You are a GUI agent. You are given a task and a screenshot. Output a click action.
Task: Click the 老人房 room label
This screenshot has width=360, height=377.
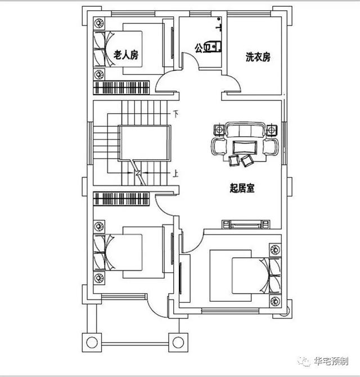point(126,55)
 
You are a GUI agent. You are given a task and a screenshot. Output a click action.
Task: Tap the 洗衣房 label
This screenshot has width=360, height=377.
point(258,57)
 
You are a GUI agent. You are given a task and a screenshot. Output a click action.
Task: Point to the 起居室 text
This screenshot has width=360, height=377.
point(242,188)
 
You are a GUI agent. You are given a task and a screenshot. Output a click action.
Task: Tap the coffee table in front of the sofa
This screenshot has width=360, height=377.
point(243,147)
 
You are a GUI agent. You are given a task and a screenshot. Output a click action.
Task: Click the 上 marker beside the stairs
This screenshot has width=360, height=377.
point(176,174)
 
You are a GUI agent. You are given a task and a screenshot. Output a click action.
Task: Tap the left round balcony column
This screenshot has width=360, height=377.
point(91,341)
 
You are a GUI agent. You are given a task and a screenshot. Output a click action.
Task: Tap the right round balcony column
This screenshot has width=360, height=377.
point(178,341)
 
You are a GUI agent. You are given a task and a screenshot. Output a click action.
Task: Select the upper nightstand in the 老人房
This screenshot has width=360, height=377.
point(99,24)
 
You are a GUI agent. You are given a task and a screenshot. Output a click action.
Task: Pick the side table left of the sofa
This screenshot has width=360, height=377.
point(217,131)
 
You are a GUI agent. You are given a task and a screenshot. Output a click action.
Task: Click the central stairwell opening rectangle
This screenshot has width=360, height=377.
point(145,143)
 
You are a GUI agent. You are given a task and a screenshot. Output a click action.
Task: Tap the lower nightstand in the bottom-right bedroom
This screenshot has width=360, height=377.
point(275,300)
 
